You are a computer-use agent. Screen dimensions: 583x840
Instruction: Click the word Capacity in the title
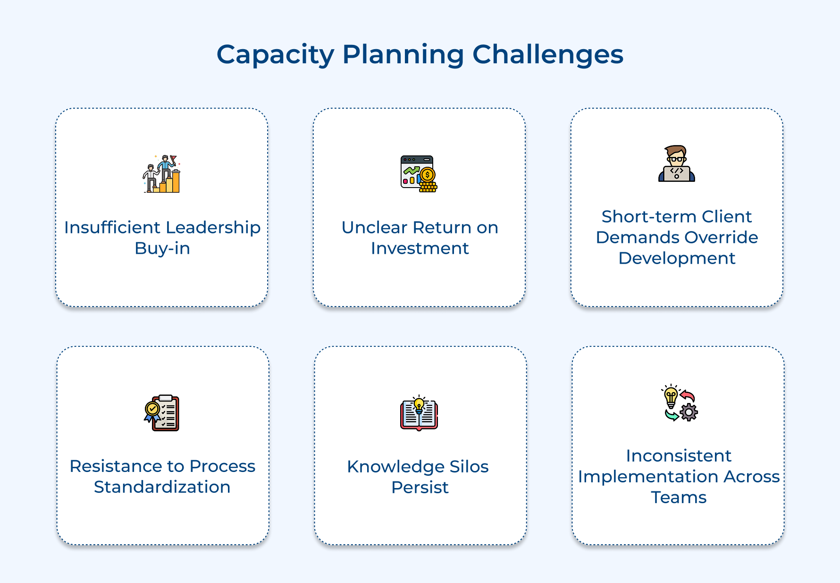point(275,55)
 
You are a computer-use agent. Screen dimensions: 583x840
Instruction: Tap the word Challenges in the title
point(548,55)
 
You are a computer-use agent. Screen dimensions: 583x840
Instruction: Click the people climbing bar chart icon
point(162,173)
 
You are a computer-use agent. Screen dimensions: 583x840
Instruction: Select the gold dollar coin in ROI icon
point(428,175)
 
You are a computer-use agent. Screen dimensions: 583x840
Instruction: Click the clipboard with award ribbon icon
point(162,413)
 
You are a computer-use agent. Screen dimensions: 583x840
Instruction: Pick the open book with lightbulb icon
point(419,413)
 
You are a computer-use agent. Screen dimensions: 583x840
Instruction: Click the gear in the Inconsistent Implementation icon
point(689,412)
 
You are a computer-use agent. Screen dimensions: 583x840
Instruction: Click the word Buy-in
point(162,249)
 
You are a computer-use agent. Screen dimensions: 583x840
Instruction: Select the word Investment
point(420,249)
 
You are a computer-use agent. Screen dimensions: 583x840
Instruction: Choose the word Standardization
point(162,487)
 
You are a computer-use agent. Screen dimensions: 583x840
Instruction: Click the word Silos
point(469,467)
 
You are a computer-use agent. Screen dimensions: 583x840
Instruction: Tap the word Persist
point(420,488)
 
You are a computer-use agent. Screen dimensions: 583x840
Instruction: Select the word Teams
point(679,497)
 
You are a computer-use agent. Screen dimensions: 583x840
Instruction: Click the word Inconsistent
point(679,456)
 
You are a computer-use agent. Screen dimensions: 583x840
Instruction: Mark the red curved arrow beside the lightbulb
point(688,396)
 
